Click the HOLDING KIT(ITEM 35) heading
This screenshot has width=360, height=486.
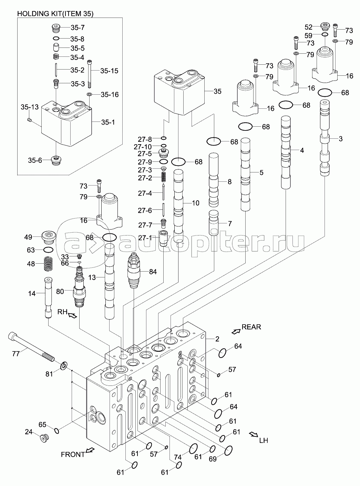tap(55, 14)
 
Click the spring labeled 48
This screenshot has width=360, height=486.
tap(49, 264)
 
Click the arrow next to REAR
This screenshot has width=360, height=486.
tap(236, 331)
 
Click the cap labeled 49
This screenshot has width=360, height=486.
tap(48, 237)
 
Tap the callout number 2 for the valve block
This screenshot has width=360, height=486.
tap(217, 339)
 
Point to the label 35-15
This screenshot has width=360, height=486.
tap(109, 71)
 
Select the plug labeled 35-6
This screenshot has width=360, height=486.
tap(55, 160)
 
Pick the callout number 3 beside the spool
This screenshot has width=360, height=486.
tap(340, 139)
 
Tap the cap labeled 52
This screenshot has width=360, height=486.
tap(325, 26)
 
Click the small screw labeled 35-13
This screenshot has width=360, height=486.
tap(30, 120)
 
